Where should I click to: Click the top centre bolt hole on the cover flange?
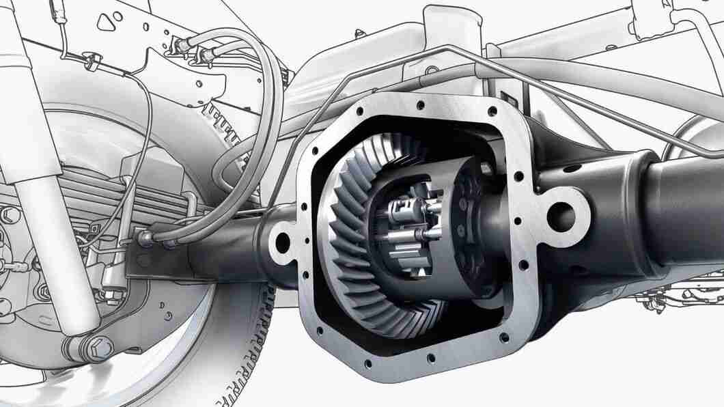(x=415, y=102)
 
